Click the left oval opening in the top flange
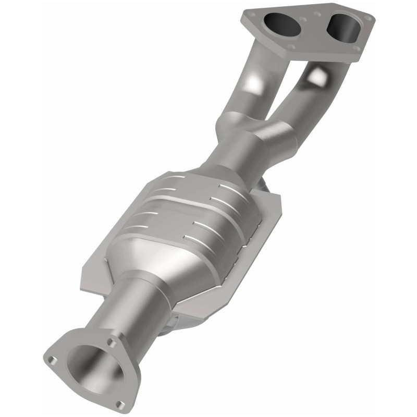click(281, 24)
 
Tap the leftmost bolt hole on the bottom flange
click(53, 359)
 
